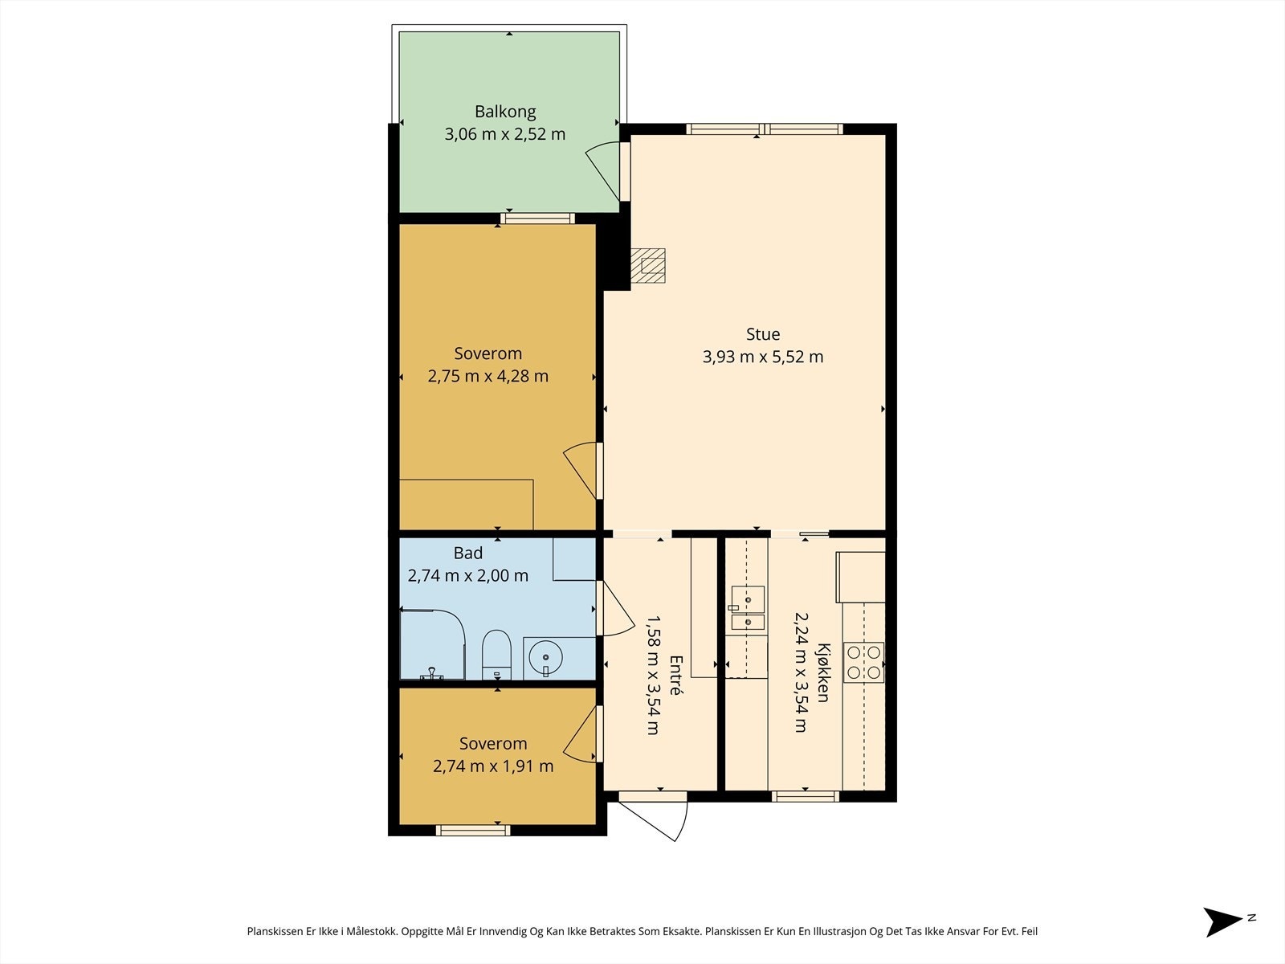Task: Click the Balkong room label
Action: click(505, 111)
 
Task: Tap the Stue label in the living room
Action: click(763, 334)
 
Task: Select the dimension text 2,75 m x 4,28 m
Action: click(487, 376)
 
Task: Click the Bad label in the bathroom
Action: click(467, 553)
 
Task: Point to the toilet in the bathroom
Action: click(496, 655)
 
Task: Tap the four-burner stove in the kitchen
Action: click(863, 662)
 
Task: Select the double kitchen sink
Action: click(748, 609)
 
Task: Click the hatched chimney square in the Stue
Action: click(648, 266)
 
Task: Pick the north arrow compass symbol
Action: click(1223, 922)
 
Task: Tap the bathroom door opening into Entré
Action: click(616, 608)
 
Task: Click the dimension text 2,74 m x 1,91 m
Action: click(493, 766)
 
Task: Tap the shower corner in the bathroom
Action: click(433, 644)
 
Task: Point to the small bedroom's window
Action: click(473, 830)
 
